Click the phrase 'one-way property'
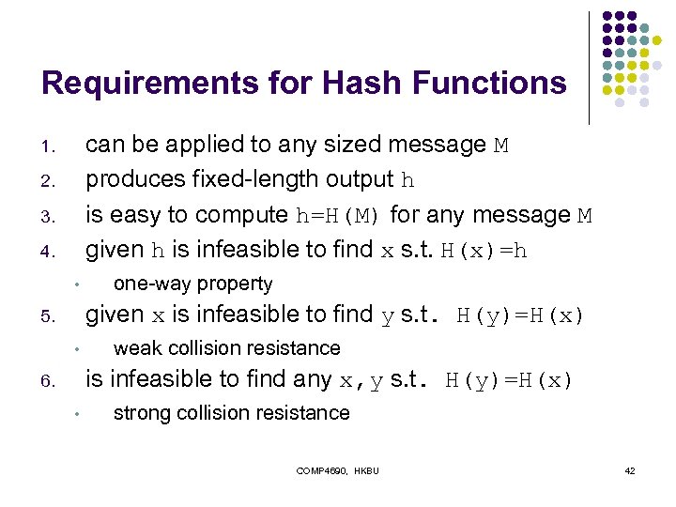point(192,284)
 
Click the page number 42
point(630,470)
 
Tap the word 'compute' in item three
point(241,215)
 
